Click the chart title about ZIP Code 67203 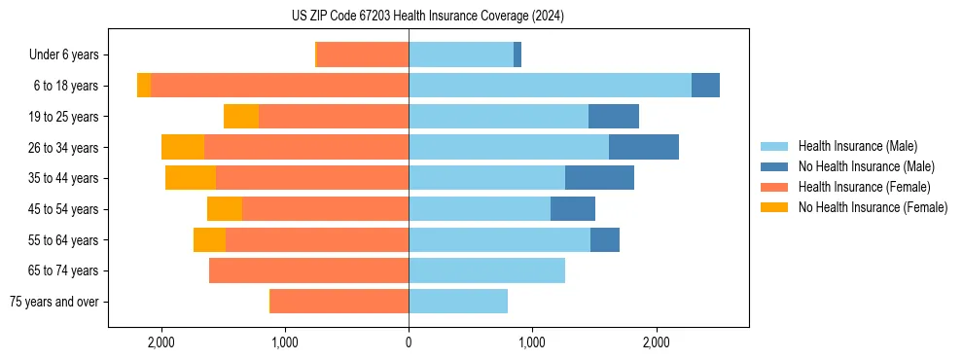coord(427,17)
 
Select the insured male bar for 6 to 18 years coord(550,86)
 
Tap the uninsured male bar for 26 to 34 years coord(643,147)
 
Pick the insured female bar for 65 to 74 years coord(308,270)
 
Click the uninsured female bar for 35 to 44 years coord(191,178)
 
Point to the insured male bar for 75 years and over coord(458,302)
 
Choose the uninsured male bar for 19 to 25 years coord(614,117)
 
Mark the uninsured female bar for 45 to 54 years coord(225,209)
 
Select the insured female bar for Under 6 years coord(363,54)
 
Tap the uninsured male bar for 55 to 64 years coord(605,239)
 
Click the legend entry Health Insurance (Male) coord(857,146)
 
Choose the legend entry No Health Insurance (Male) coord(866,166)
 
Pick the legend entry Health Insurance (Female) coord(864,187)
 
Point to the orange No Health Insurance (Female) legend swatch coord(774,207)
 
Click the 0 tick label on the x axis coord(409,342)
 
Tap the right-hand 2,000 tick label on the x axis coord(657,342)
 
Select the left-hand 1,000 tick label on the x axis coord(285,342)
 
